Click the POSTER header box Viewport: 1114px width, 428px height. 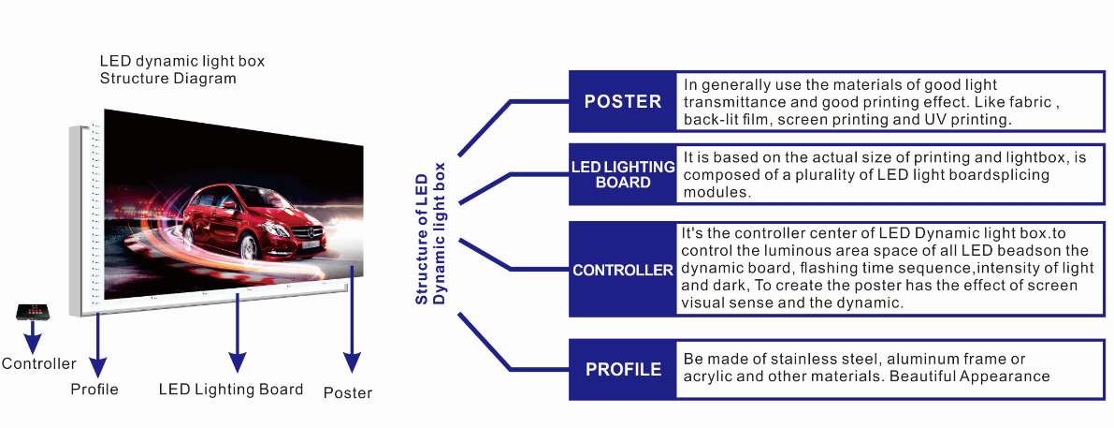click(x=622, y=102)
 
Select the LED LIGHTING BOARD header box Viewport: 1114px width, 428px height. click(x=622, y=175)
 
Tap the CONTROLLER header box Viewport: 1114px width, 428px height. click(x=622, y=270)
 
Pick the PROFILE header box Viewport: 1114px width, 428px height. click(x=622, y=370)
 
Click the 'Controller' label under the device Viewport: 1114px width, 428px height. click(x=38, y=364)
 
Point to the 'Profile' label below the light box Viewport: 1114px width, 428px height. click(x=94, y=390)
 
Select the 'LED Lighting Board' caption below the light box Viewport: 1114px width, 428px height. click(x=231, y=390)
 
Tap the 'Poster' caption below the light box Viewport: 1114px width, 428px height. click(x=347, y=392)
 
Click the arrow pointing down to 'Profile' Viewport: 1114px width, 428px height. click(x=97, y=344)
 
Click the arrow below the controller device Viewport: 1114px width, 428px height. click(x=32, y=338)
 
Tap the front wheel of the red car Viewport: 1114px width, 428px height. click(x=250, y=246)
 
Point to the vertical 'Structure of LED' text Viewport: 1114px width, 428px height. click(x=421, y=239)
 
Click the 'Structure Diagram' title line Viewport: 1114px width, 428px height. click(x=167, y=79)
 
